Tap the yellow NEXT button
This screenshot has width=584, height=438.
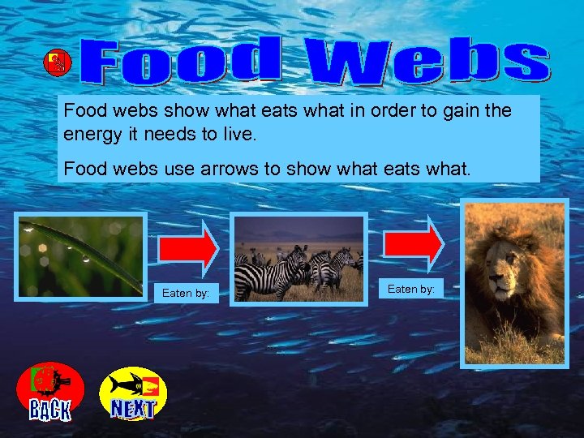pyautogui.click(x=133, y=393)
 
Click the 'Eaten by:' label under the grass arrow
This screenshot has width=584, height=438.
pyautogui.click(x=185, y=293)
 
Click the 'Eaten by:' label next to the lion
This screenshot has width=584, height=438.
pyautogui.click(x=410, y=289)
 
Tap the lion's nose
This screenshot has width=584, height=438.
pyautogui.click(x=497, y=286)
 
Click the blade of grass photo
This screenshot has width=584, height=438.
pyautogui.click(x=81, y=256)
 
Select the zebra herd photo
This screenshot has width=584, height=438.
pyautogui.click(x=298, y=259)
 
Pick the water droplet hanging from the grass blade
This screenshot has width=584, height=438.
pyautogui.click(x=85, y=259)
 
